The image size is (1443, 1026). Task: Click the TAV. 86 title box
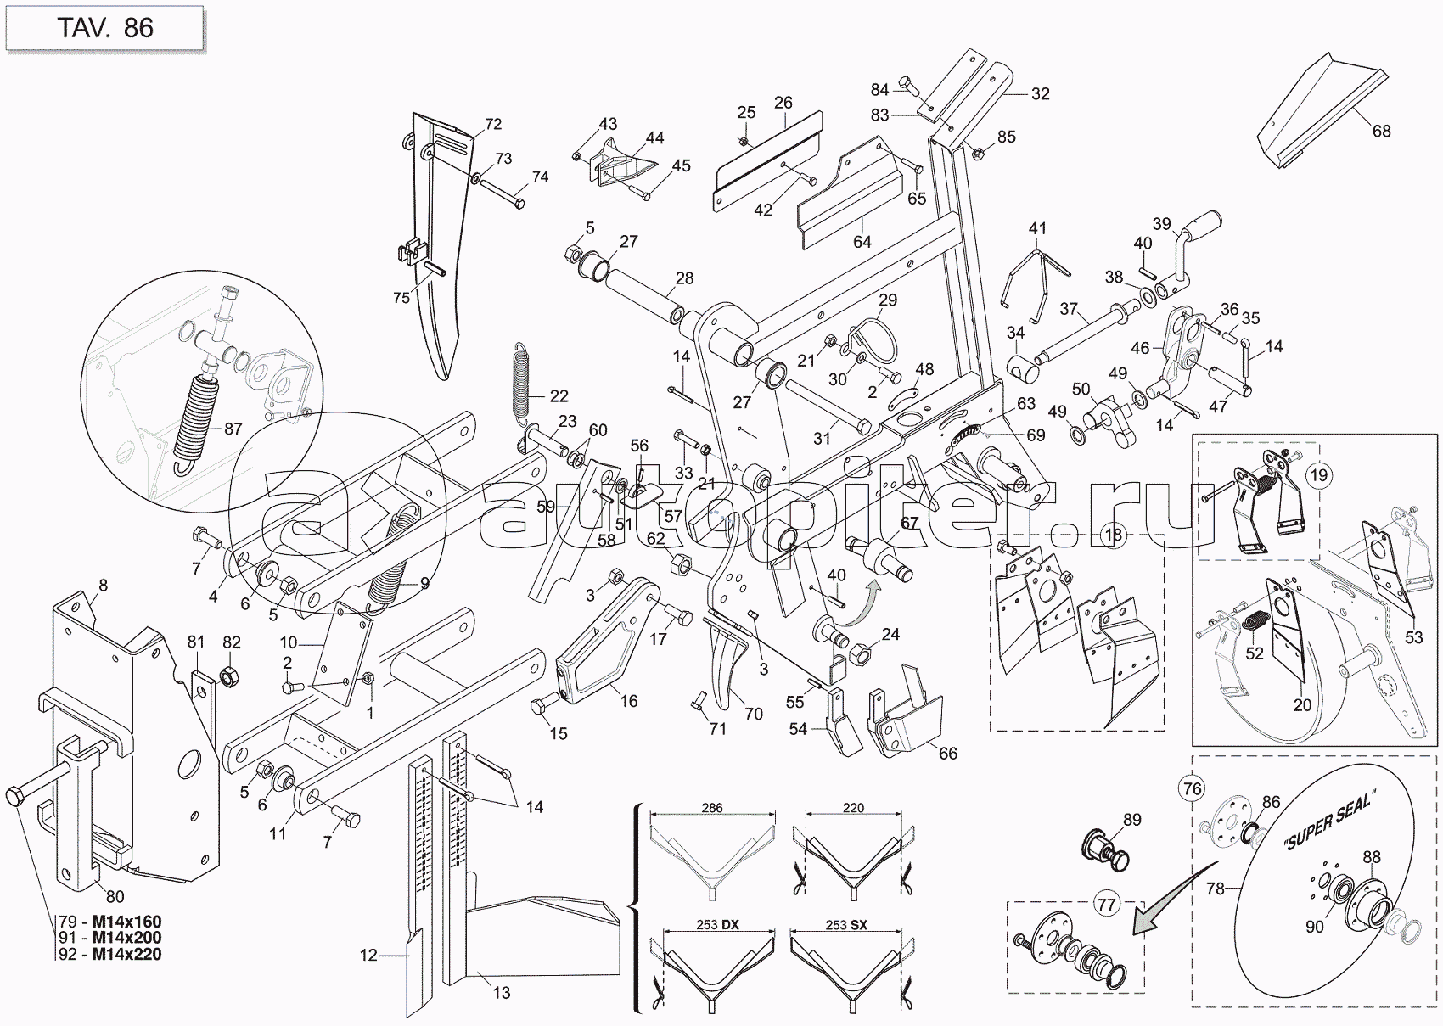[104, 28]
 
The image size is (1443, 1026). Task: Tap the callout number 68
[1381, 132]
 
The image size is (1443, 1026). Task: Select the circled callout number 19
[1318, 475]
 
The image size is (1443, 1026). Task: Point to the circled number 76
[1193, 789]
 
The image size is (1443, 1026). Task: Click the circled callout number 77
[1106, 905]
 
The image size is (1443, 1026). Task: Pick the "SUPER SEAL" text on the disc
[1328, 819]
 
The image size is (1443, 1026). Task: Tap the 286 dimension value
[712, 808]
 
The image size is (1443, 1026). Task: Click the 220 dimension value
[853, 808]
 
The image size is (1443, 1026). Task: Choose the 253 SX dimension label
[846, 926]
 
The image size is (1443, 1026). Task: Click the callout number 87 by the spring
[233, 429]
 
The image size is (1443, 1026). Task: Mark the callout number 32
[1040, 94]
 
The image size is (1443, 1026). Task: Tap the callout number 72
[493, 125]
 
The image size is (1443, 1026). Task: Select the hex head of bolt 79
[16, 797]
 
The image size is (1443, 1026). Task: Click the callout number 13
[501, 992]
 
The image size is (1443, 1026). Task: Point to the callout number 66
[946, 754]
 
